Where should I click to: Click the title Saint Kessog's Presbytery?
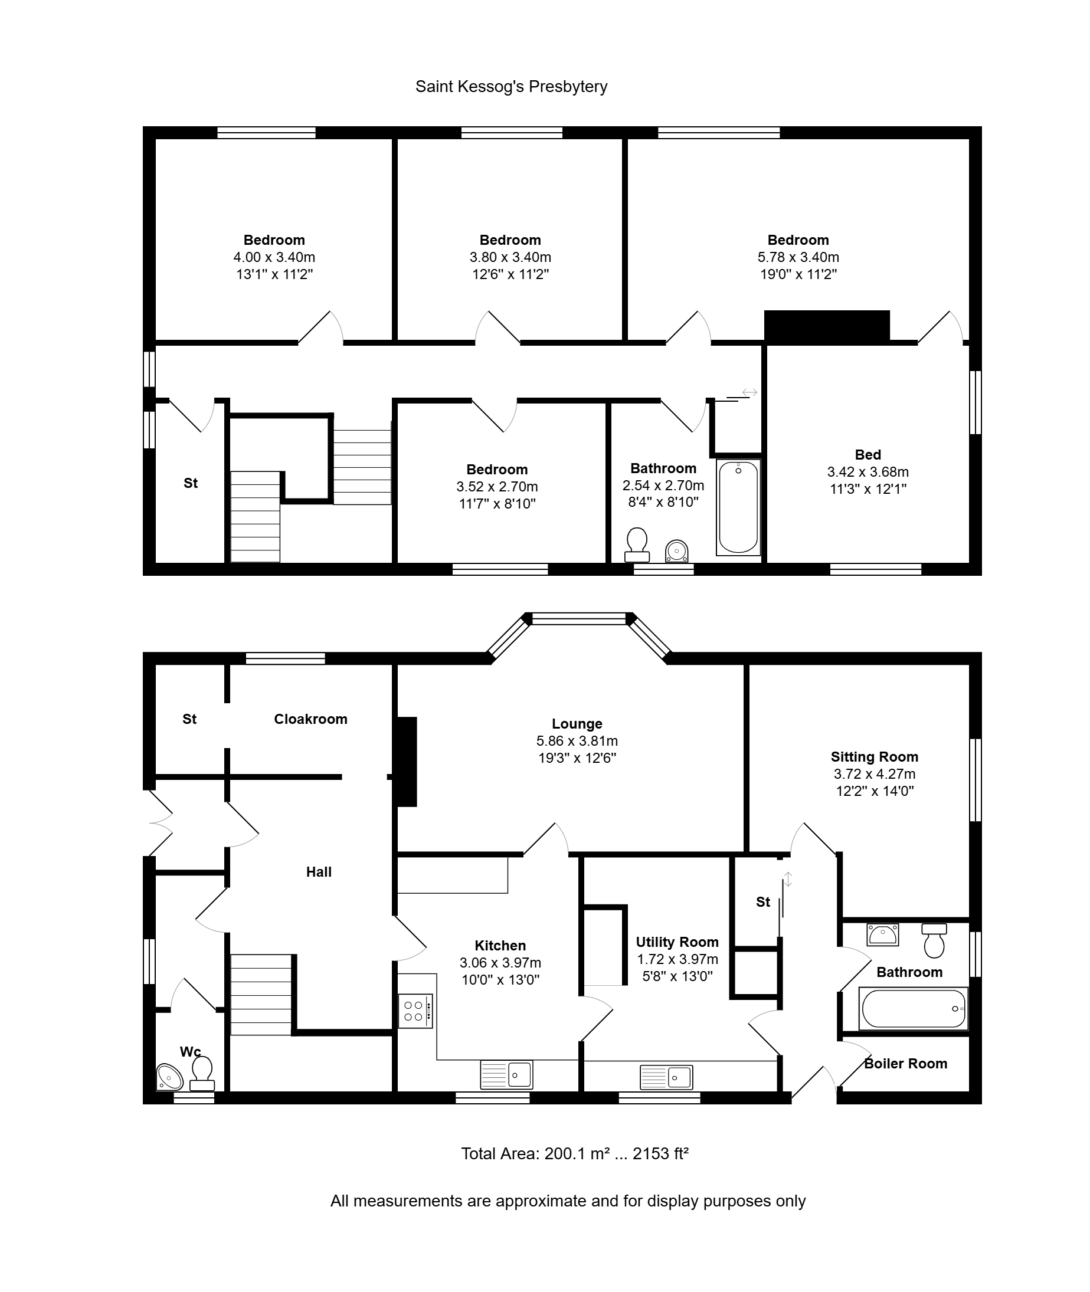(511, 87)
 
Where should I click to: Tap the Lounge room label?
(577, 724)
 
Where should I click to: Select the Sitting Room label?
(875, 757)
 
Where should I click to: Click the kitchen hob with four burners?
(415, 1011)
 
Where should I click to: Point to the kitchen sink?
(507, 1075)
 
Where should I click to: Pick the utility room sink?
(666, 1078)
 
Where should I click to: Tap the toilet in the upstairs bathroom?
(637, 545)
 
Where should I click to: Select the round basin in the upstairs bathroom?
(677, 552)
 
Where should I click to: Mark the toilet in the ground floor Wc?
(202, 1073)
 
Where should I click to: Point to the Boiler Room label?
(906, 1064)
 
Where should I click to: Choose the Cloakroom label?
(311, 719)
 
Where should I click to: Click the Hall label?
(319, 872)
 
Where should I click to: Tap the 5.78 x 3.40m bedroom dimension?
(798, 257)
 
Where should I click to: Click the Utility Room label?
(677, 942)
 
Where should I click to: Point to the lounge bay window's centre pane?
(579, 618)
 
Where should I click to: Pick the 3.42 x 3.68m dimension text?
(868, 472)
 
